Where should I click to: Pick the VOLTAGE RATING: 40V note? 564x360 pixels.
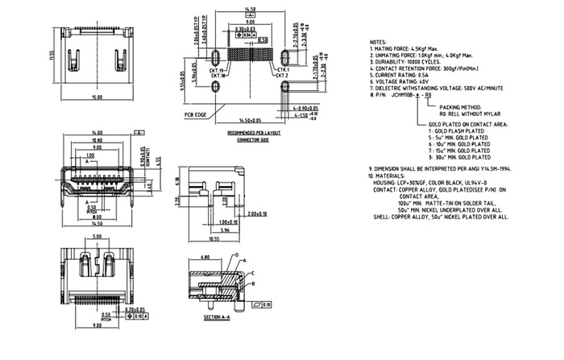[x=408, y=81]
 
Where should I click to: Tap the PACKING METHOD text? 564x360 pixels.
[x=460, y=106]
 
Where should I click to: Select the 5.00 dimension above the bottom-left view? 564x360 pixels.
[x=97, y=238]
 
